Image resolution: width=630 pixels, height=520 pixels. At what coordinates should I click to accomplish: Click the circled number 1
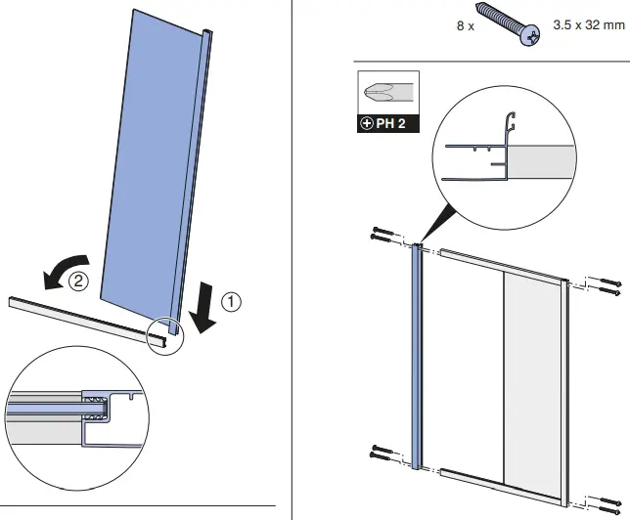[231, 302]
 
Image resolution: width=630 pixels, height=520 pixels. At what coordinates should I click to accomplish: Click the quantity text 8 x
[465, 26]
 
